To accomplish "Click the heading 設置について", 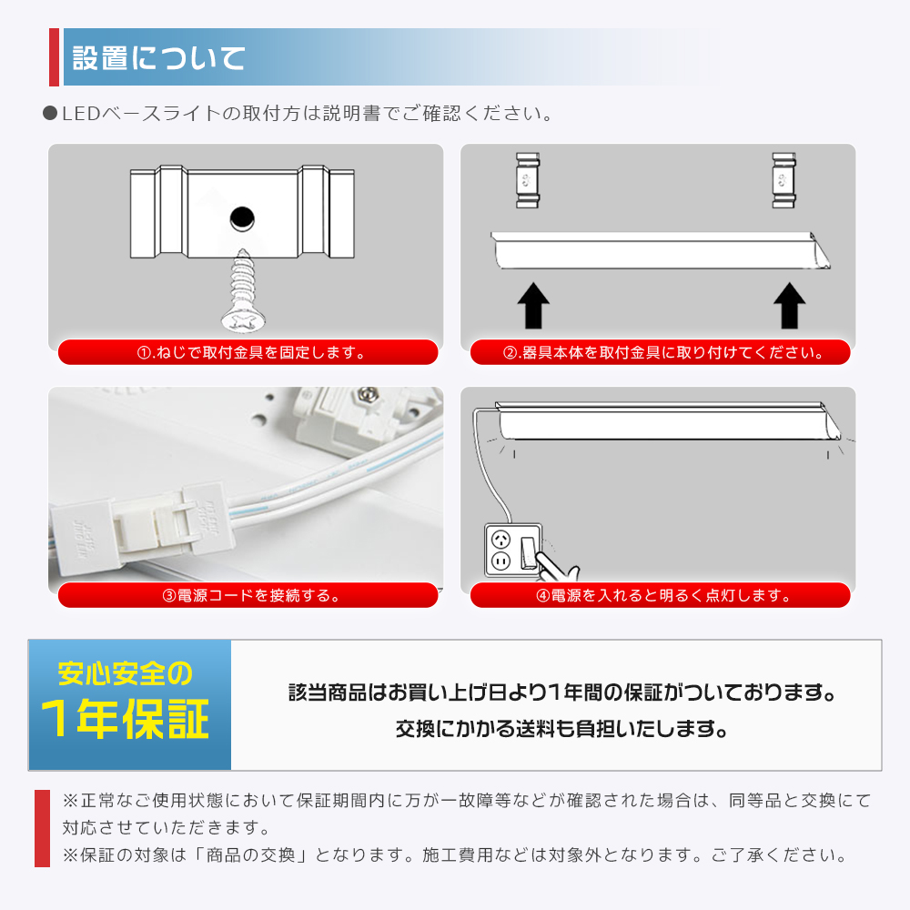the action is coord(158,58).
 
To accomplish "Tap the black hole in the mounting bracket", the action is coord(242,218).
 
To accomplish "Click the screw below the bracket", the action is coord(244,290).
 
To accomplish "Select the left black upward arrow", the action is coord(533,306).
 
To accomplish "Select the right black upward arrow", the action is coord(789,306).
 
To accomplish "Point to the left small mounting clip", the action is coord(528,180).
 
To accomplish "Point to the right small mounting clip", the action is coord(784,180).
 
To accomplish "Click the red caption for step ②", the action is coord(661,352).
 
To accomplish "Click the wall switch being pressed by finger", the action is coord(528,552).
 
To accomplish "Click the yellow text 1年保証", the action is coord(125,719).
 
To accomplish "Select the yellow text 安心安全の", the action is coord(125,673).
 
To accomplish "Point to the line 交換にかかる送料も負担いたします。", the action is coord(561,729).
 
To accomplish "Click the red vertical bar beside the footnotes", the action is coord(43,828).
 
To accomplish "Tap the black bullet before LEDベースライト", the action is coord(50,113).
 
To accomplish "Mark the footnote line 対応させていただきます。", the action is coord(167,827).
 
